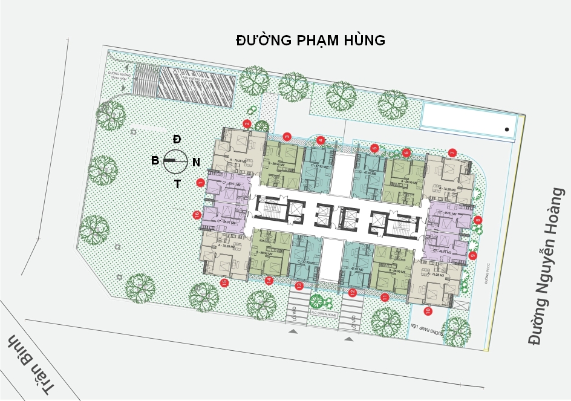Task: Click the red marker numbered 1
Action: click(201, 182)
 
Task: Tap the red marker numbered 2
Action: click(247, 124)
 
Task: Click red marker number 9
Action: click(473, 255)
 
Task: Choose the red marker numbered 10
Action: click(428, 311)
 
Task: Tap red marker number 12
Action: click(353, 293)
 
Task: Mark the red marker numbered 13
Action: click(298, 285)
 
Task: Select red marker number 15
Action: click(224, 282)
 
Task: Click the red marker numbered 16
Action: click(197, 215)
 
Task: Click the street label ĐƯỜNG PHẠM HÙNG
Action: click(310, 41)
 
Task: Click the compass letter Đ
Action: click(177, 139)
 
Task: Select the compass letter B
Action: click(155, 160)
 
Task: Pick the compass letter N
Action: click(196, 162)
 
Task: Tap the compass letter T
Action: click(177, 184)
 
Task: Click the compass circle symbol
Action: click(175, 160)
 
